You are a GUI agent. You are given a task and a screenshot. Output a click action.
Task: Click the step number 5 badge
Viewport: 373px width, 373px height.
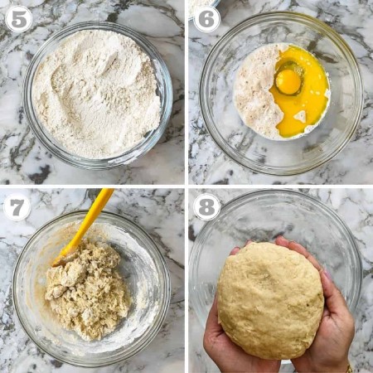[x=18, y=19]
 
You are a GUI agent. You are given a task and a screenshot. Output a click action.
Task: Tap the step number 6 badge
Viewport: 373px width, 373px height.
[x=206, y=19]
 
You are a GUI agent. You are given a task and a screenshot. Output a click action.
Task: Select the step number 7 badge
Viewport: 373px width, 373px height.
[x=17, y=207]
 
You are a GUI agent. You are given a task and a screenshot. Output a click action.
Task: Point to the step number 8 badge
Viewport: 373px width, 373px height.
[x=206, y=207]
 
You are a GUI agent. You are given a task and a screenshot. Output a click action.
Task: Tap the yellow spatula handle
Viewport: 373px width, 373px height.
[x=91, y=216]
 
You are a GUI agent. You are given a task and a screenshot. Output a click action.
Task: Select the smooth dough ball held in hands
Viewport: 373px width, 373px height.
[x=270, y=301]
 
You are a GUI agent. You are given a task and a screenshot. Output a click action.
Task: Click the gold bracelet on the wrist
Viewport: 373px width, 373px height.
[x=350, y=369]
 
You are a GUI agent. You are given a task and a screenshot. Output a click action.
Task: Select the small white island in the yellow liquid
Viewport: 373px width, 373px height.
[x=300, y=116]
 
